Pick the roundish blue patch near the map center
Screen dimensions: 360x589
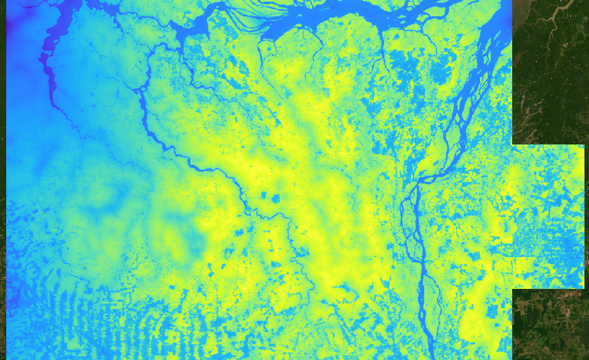tap(276, 199)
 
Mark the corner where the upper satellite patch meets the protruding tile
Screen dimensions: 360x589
tap(513, 145)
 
